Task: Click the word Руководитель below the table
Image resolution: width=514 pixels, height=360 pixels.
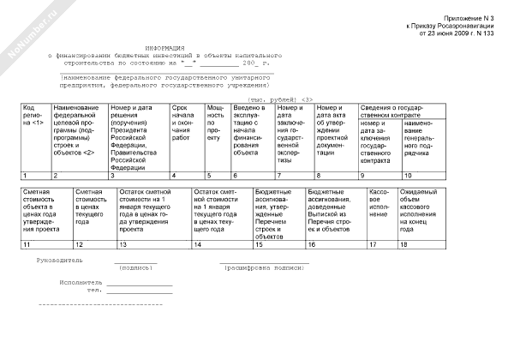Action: tap(59, 259)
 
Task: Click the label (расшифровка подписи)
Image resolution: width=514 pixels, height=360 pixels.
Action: tap(265, 267)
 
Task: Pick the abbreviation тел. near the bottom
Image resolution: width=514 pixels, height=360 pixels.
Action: tap(94, 289)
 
